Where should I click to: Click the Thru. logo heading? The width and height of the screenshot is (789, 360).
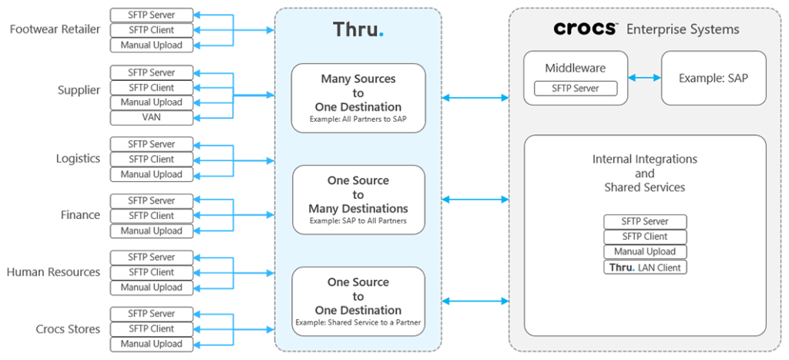[358, 30]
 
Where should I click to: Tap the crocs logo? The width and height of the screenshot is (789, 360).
[586, 29]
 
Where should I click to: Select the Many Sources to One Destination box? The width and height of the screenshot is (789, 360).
[358, 98]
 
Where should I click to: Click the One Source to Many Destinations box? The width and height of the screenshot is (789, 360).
[358, 200]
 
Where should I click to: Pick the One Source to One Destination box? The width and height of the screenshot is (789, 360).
[358, 301]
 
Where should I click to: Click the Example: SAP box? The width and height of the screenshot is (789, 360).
[713, 78]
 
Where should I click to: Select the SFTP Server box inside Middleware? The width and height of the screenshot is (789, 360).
[576, 89]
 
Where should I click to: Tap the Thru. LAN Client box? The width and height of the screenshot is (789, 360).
[645, 267]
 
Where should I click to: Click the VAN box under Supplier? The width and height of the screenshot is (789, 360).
[151, 117]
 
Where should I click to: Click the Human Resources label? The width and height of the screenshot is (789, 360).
[53, 272]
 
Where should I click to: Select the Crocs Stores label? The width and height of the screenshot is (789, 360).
[68, 329]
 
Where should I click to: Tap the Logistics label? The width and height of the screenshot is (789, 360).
[77, 159]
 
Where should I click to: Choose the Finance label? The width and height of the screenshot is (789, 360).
[80, 215]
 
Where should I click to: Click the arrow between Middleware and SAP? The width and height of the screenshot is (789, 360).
[644, 78]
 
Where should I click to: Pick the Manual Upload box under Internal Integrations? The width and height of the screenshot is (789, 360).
[645, 252]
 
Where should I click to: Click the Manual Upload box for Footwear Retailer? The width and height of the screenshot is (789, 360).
[151, 45]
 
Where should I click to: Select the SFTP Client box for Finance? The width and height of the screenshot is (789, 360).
[151, 216]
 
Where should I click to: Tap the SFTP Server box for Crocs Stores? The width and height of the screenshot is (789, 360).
[151, 314]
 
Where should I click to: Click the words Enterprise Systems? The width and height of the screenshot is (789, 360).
[683, 29]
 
